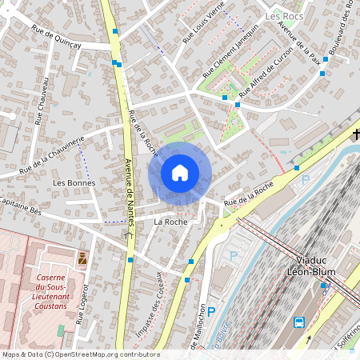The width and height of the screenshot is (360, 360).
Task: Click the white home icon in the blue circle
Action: tap(180, 173)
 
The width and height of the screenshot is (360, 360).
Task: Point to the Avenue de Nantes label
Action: tap(129, 188)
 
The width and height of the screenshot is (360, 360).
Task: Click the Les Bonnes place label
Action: tap(74, 183)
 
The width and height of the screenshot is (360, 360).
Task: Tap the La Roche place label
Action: tap(170, 221)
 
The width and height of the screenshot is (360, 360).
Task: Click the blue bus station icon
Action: tap(298, 323)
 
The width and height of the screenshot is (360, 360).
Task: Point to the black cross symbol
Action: tap(356, 134)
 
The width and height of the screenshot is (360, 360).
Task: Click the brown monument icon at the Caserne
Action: tap(82, 259)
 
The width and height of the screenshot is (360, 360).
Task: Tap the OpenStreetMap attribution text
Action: tap(80, 354)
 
